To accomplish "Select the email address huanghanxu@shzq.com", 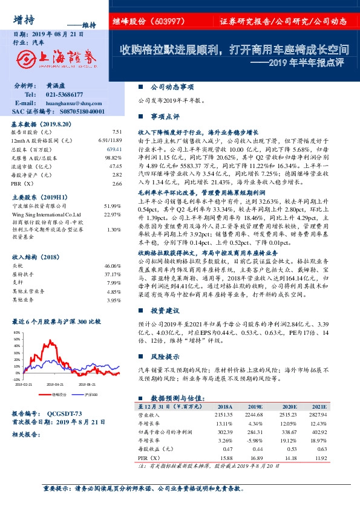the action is coord(71,103).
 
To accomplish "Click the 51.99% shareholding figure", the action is coord(113,206).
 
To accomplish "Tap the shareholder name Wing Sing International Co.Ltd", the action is coord(47,214).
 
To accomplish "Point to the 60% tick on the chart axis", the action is coord(16,332).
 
